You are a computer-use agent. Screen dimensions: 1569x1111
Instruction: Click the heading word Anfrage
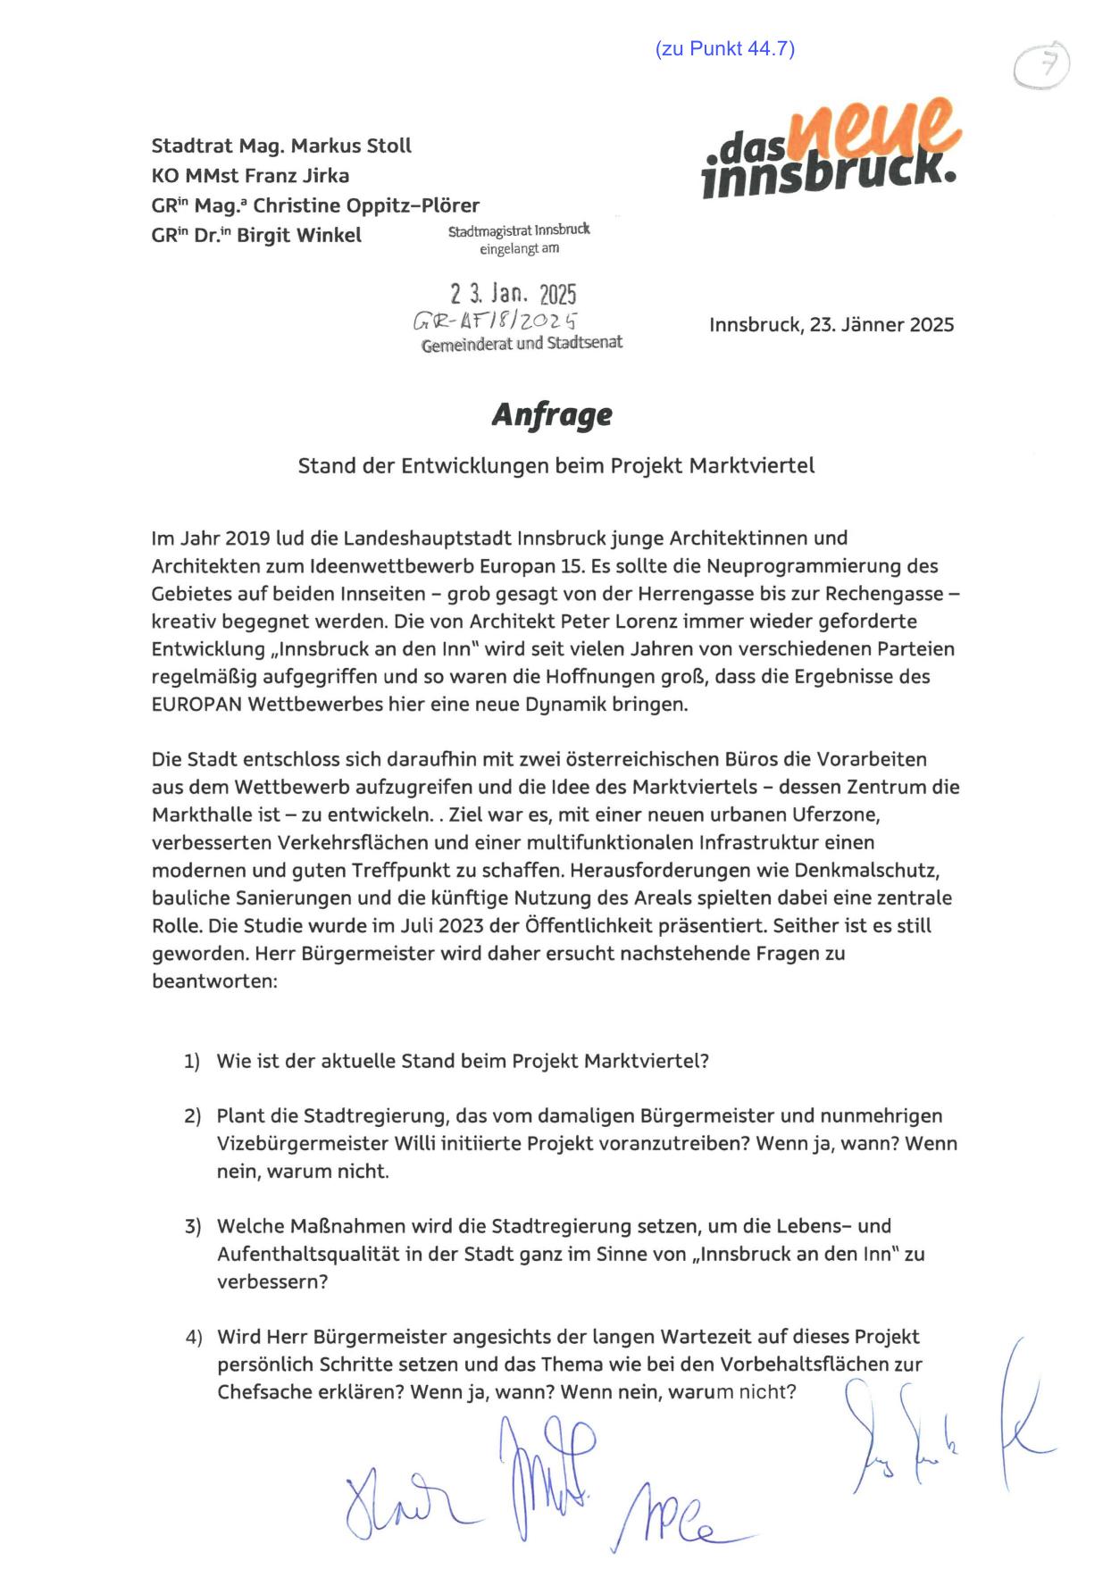552,415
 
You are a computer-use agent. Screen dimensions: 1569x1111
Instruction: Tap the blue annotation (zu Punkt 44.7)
724,49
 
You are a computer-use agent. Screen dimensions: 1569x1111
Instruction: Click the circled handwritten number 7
1042,65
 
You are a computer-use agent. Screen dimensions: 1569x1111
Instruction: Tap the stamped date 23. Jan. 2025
513,294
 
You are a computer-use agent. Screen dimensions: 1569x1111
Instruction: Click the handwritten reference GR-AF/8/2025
495,321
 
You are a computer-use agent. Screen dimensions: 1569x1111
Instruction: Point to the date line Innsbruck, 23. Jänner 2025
831,325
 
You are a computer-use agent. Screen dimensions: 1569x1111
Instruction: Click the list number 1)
192,1062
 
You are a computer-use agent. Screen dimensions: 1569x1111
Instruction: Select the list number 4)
193,1338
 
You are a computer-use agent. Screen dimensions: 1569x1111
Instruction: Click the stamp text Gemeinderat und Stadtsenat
522,344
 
